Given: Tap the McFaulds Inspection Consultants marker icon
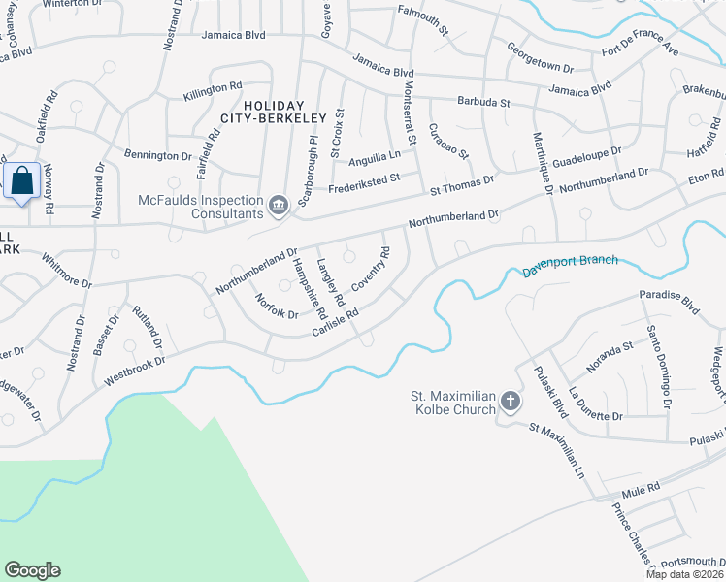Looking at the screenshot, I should point(279,204).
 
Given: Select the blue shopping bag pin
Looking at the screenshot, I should point(21,181).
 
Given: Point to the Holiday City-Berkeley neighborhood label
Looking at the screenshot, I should point(273,112).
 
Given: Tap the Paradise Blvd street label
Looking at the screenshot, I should point(669,298).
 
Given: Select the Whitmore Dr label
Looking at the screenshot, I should point(66,272).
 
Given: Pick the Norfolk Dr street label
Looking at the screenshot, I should point(277,307).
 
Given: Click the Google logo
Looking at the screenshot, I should point(32,570).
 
